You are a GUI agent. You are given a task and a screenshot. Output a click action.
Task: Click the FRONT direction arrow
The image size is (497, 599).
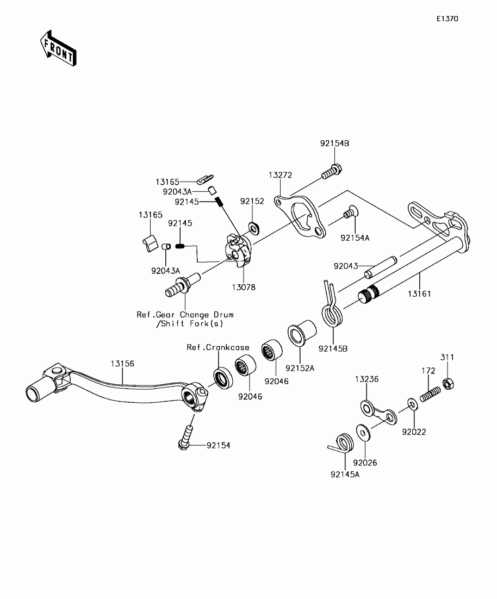58,48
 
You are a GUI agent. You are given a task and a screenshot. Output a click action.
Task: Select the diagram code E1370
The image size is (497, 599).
448,18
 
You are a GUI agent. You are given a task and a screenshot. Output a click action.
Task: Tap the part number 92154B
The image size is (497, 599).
334,143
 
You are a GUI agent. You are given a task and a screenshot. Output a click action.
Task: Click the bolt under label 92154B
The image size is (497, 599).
332,172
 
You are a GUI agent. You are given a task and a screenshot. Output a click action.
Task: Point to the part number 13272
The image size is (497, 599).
280,175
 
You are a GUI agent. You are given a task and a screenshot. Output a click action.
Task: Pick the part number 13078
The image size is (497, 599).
244,287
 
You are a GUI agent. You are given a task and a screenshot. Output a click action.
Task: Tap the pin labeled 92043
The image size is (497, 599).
381,267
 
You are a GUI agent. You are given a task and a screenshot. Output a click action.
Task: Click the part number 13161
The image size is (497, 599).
419,294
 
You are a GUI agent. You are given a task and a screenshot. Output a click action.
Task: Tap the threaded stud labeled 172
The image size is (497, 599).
430,394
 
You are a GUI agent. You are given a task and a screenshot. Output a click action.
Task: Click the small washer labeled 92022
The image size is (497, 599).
412,404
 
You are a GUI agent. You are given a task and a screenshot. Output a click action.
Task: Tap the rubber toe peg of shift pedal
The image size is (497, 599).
36,389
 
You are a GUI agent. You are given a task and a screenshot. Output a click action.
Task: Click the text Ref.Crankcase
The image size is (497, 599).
218,347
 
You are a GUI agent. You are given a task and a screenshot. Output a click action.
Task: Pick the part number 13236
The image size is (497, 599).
366,379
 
